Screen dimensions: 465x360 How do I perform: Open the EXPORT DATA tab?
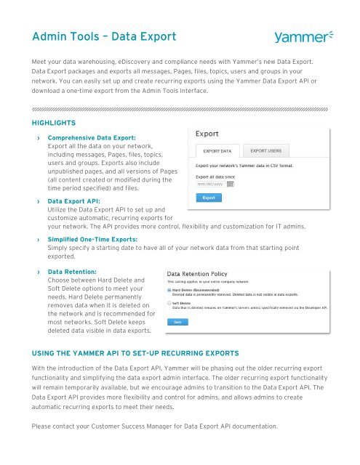(x=216, y=151)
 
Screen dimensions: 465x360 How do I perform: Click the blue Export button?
(x=208, y=197)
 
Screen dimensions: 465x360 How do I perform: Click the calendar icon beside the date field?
(x=231, y=184)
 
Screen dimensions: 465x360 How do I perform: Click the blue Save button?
(x=177, y=321)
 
